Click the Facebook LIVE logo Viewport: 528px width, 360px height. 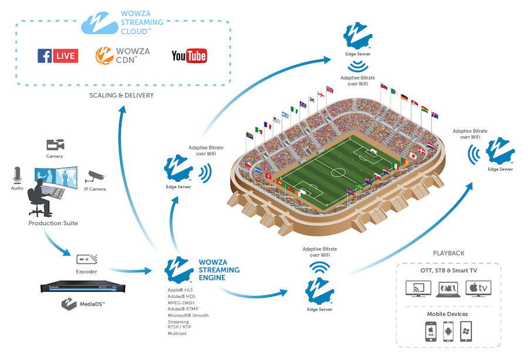point(57,56)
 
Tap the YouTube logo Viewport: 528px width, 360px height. point(189,56)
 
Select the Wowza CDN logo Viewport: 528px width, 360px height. point(123,56)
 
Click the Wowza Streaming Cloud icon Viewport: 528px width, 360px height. point(100,23)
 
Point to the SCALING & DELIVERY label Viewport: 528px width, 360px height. point(121,95)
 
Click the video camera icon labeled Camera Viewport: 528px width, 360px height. point(55,144)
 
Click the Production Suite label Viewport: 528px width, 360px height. point(53,223)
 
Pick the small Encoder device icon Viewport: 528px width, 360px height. point(87,259)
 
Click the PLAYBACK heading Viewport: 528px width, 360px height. point(448,253)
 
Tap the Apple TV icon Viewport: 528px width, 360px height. point(478,288)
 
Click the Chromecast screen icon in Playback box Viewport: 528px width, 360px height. point(419,288)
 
